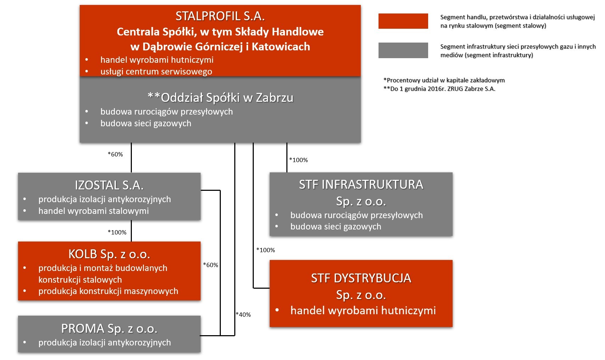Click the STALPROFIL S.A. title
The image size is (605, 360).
tap(220, 16)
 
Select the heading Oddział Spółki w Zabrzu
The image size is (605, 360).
tap(220, 98)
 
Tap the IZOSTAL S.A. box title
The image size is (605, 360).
tap(109, 185)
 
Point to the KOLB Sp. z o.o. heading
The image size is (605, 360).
tap(109, 254)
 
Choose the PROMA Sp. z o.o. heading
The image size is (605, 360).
tap(109, 328)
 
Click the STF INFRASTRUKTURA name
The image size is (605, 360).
tap(361, 184)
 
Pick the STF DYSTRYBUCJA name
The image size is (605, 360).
tap(361, 278)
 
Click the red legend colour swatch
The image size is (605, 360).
tap(403, 21)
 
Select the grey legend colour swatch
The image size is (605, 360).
tap(403, 50)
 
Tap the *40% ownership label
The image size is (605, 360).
tap(243, 315)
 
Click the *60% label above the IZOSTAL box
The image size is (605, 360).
tap(115, 154)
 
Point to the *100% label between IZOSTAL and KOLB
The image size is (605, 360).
tap(117, 232)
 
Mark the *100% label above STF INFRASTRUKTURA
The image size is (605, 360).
tap(298, 160)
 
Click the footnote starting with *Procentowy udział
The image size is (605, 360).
tap(444, 80)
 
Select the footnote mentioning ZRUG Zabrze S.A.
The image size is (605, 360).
tap(439, 89)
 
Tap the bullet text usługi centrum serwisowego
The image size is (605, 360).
tap(156, 71)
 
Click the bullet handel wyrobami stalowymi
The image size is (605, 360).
tap(94, 211)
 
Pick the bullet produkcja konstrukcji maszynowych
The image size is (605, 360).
tap(108, 291)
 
